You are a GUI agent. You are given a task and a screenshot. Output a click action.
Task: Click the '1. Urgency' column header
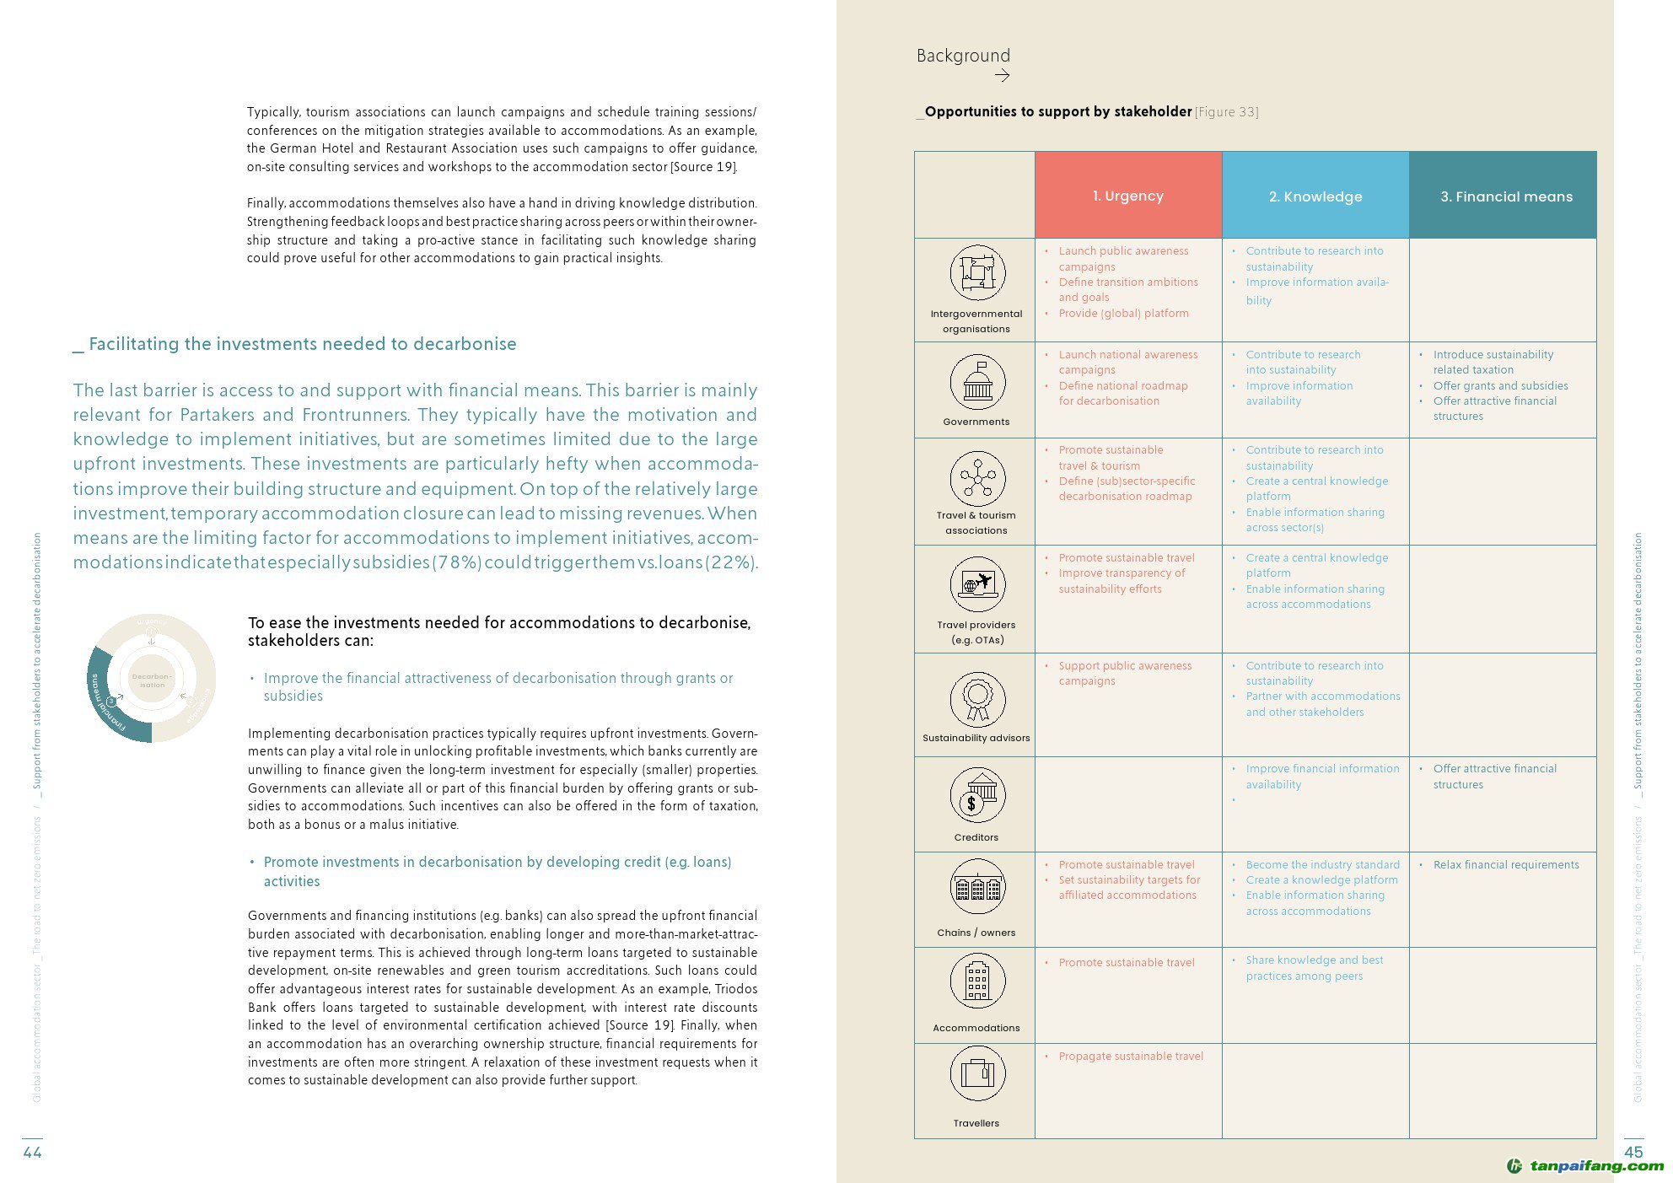[1127, 196]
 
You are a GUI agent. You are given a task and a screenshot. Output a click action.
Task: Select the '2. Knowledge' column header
[1315, 196]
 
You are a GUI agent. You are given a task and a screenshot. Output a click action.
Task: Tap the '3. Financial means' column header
[1505, 196]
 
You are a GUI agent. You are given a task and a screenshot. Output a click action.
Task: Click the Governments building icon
[977, 383]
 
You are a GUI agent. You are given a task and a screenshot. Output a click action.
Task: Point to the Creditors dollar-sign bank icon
[977, 795]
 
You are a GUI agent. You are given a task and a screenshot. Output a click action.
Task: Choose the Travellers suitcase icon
[977, 1073]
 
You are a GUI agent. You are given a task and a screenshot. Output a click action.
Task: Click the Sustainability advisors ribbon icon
[977, 699]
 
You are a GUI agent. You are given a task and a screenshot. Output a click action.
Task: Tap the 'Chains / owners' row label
[976, 933]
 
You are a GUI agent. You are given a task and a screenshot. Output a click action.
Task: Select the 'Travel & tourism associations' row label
[976, 523]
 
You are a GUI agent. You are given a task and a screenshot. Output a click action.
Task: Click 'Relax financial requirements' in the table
[1505, 864]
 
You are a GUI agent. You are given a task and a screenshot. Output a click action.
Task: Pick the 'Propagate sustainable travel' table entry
[1130, 1056]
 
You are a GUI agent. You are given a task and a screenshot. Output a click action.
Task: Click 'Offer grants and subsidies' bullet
[1500, 385]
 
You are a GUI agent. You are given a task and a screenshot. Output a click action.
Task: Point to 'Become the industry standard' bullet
[1322, 864]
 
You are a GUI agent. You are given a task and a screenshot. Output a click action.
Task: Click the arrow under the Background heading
[1002, 76]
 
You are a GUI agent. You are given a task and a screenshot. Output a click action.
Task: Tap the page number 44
[32, 1152]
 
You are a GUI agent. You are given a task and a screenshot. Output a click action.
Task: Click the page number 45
[1633, 1152]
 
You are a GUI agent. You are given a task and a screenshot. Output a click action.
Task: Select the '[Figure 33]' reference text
[1226, 112]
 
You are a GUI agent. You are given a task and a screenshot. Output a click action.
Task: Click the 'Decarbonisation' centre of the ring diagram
[152, 680]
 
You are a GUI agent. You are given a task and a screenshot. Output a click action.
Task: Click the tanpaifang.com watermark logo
[1584, 1166]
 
